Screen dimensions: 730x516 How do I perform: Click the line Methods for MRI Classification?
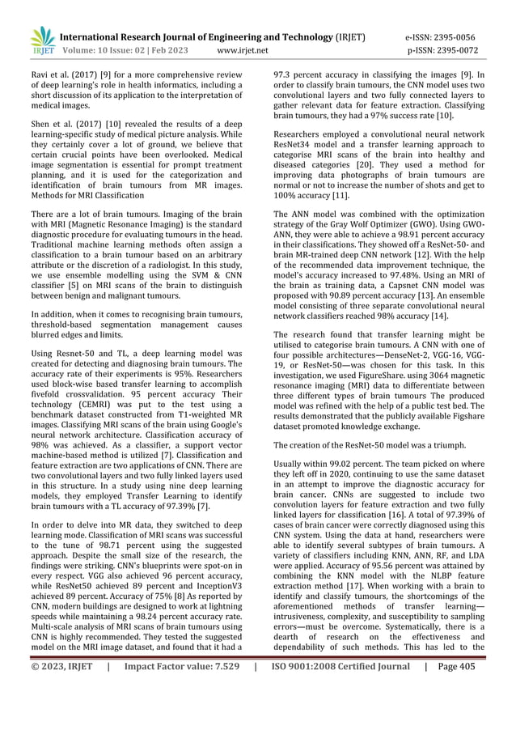coord(87,195)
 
